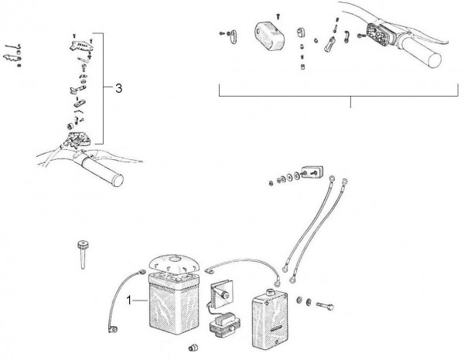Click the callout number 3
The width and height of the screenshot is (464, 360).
[x=118, y=88]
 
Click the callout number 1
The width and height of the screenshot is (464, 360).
[x=128, y=300]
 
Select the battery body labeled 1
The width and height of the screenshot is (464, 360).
[x=174, y=304]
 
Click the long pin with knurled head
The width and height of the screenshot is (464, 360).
[x=84, y=255]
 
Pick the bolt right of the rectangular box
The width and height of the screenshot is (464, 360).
[x=325, y=306]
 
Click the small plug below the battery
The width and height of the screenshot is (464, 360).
[x=193, y=348]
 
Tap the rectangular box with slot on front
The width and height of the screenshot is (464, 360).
[x=270, y=319]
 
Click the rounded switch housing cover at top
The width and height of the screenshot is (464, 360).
[x=269, y=36]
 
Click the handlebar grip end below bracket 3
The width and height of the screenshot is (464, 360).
[x=118, y=180]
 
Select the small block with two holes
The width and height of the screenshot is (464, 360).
[x=312, y=172]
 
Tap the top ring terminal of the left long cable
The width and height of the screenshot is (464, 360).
[x=332, y=178]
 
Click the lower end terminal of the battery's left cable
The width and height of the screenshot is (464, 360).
[x=112, y=329]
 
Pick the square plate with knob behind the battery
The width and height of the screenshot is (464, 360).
[x=222, y=294]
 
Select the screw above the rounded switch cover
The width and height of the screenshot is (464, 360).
[x=278, y=15]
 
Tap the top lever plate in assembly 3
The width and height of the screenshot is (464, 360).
[x=80, y=46]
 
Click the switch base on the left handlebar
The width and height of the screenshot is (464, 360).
[x=75, y=140]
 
